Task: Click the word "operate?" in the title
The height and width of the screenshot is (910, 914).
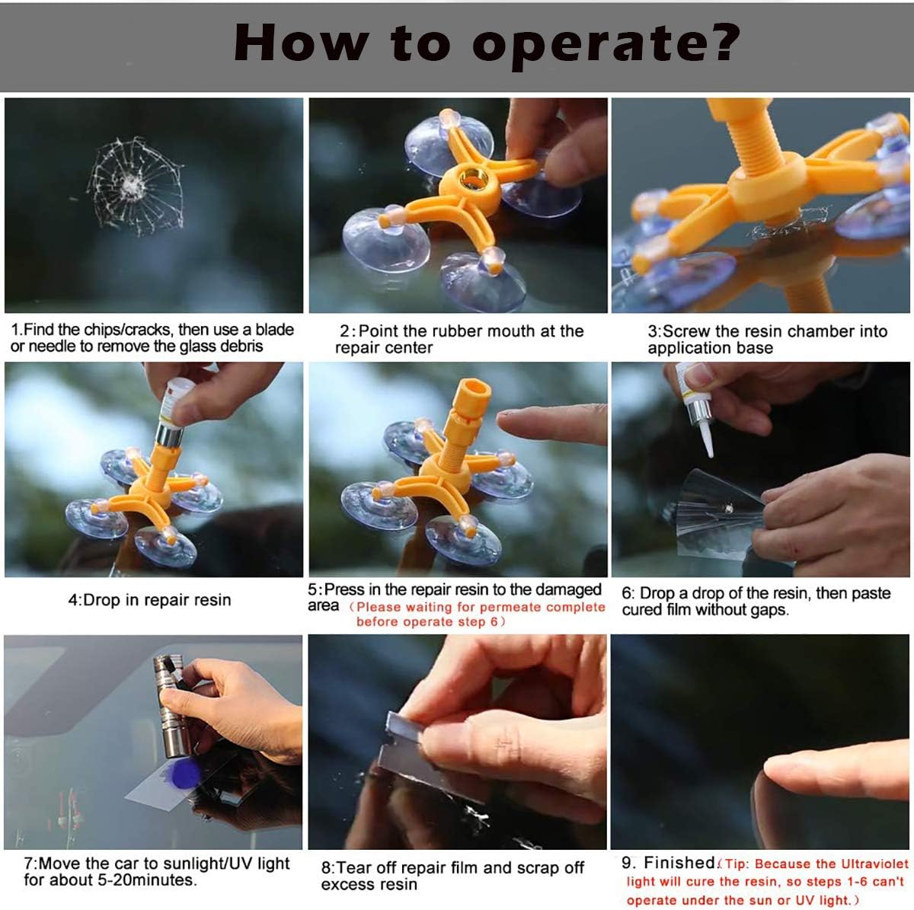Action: [606, 45]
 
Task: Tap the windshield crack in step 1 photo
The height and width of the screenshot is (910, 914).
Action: [136, 187]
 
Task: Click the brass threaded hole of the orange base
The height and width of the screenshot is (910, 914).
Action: [474, 179]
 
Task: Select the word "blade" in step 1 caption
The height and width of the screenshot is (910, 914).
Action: [275, 330]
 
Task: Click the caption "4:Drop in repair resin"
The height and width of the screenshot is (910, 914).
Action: [149, 600]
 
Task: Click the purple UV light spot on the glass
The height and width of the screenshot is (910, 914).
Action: [183, 774]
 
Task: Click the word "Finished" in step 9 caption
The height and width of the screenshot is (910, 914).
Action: [679, 862]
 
